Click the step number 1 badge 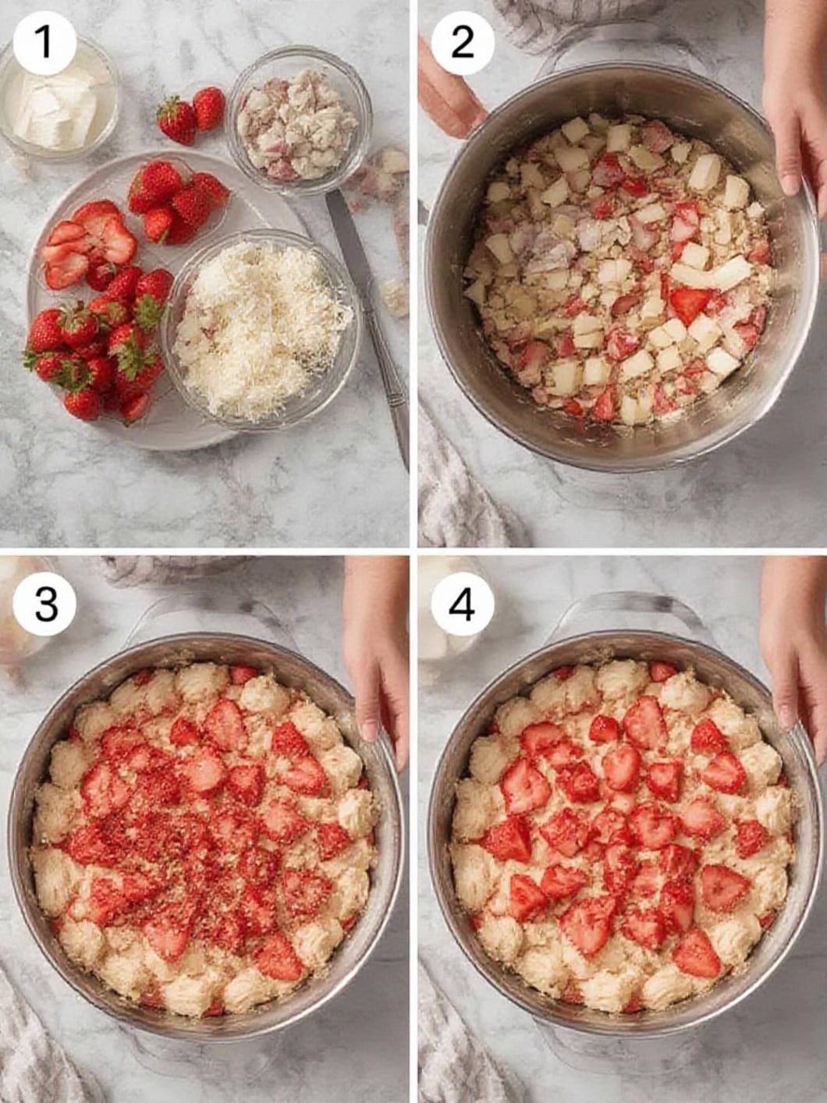pos(44,43)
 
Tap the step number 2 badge pos(462,43)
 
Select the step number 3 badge pos(44,605)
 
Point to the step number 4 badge pos(462,605)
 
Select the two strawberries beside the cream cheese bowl pos(192,115)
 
